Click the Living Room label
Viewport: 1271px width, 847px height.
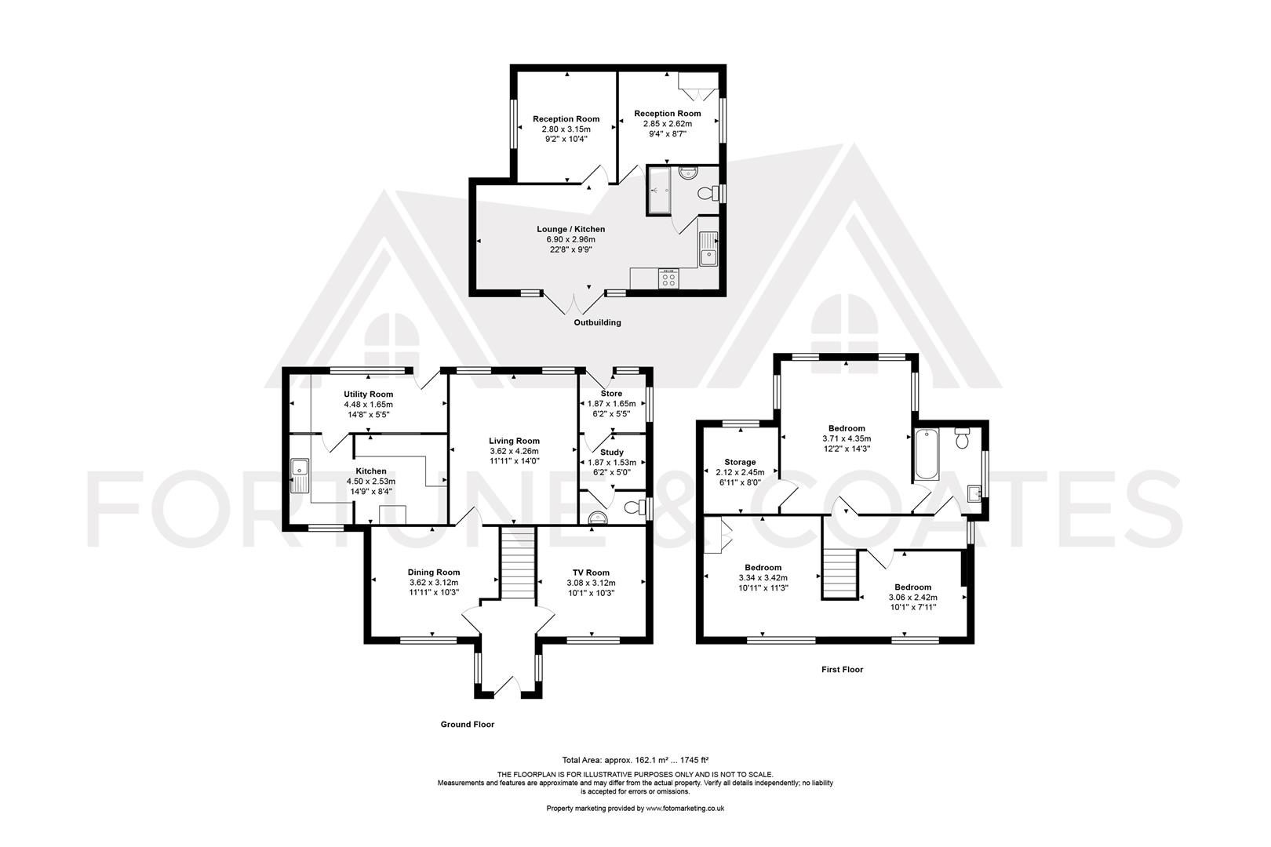(x=514, y=441)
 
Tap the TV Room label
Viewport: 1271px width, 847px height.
(x=591, y=573)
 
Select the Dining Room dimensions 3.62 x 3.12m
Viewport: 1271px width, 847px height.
(x=434, y=583)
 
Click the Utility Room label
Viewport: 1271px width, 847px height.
(x=368, y=394)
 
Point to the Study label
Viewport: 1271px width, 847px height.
(x=612, y=453)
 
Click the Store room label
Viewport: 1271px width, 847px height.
(x=612, y=393)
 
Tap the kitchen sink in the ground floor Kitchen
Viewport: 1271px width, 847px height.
(x=299, y=475)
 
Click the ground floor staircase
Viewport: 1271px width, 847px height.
(x=518, y=562)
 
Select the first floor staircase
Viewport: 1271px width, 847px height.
(x=839, y=573)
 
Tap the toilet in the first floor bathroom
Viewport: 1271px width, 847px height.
(x=962, y=438)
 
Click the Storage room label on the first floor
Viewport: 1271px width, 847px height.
(x=740, y=463)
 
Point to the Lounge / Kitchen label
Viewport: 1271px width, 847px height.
(x=571, y=229)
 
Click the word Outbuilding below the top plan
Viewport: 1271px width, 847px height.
(x=598, y=322)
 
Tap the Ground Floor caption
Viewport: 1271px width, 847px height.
(x=468, y=725)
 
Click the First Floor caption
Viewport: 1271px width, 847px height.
(x=842, y=670)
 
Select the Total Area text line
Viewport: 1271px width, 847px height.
(x=635, y=760)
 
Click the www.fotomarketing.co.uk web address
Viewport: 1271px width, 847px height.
(x=685, y=809)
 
